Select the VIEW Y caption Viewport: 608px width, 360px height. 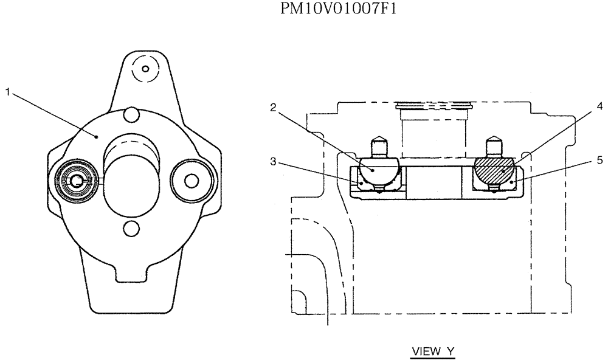pyautogui.click(x=433, y=351)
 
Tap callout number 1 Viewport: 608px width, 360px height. pyautogui.click(x=7, y=92)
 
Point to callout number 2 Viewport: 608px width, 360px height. pyautogui.click(x=274, y=108)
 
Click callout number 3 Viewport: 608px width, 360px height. pyautogui.click(x=274, y=161)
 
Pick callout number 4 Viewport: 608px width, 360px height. pyautogui.click(x=599, y=106)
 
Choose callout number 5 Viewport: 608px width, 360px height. pyautogui.click(x=599, y=161)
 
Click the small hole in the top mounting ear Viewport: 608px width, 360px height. pyautogui.click(x=145, y=68)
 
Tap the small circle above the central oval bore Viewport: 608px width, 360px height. pyautogui.click(x=131, y=114)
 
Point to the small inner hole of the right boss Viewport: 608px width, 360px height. pyautogui.click(x=192, y=181)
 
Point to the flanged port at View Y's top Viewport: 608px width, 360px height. pyautogui.click(x=433, y=108)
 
